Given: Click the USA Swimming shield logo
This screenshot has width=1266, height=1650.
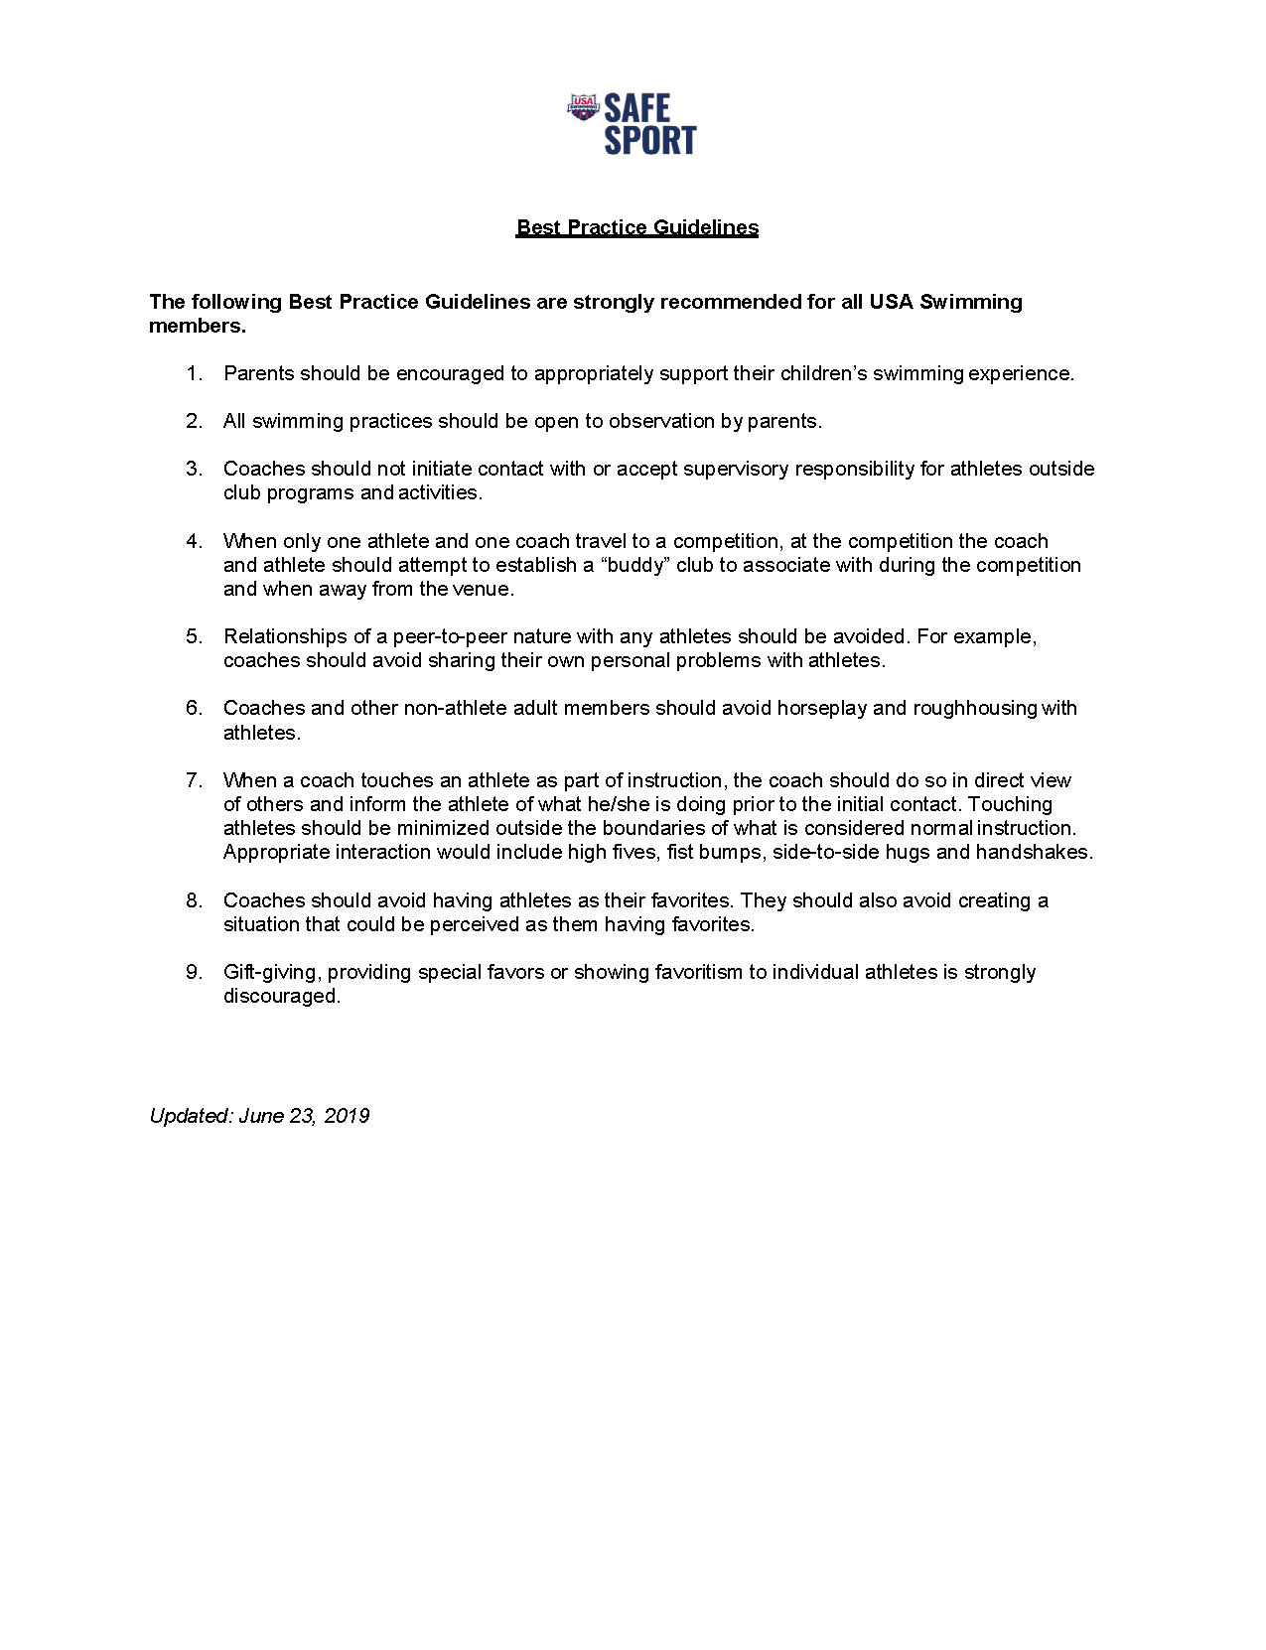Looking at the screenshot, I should coord(583,106).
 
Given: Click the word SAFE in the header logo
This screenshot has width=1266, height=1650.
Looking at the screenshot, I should coord(637,108).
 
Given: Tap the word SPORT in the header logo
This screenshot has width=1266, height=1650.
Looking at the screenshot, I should coord(650,140).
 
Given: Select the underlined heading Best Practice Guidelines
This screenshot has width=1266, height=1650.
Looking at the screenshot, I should coord(636,227).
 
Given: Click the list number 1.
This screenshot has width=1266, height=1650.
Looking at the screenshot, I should coord(194,373).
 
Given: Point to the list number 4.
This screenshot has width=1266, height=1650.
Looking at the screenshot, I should coord(194,541).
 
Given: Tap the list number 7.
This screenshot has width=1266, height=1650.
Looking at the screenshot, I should coord(194,780).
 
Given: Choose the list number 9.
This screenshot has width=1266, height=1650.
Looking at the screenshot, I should coord(194,972).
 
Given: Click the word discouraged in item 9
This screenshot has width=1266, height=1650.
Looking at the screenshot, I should coord(281,996).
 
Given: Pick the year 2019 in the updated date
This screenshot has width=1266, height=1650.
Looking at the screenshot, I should coord(347,1116).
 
